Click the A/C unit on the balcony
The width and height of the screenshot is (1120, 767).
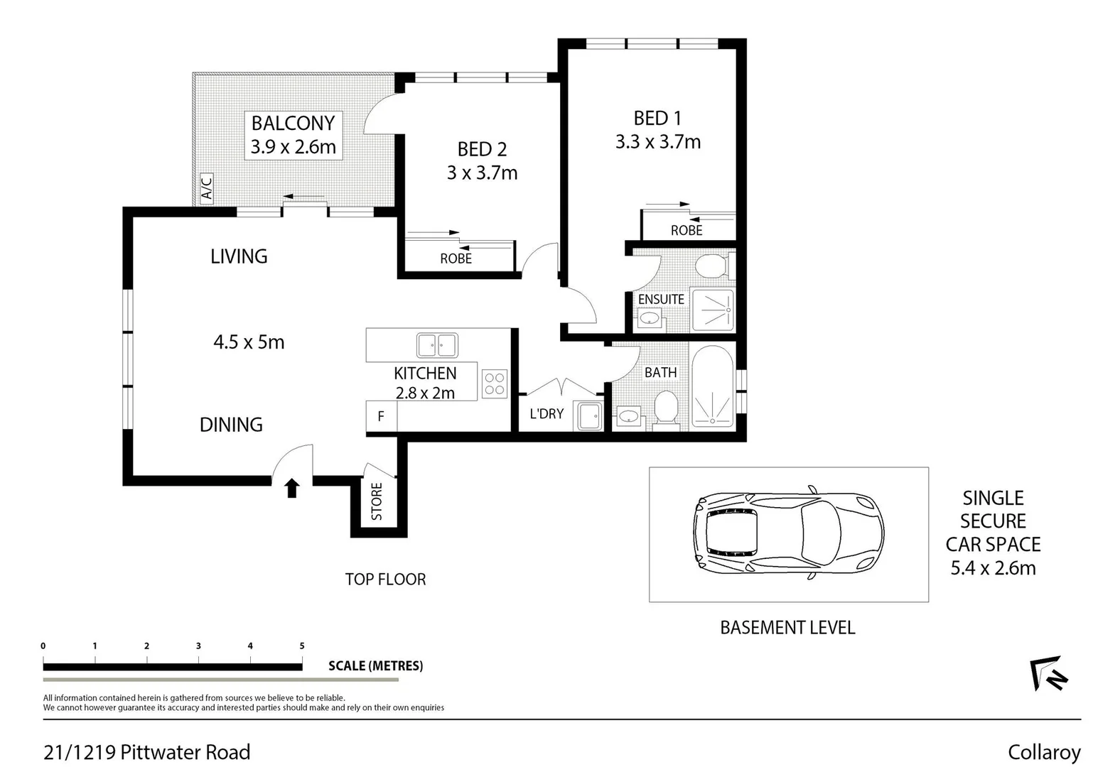207,188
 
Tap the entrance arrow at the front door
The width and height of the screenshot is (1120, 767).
292,488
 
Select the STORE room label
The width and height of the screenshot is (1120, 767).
377,501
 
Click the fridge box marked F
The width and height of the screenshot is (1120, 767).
381,416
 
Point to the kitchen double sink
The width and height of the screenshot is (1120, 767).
437,346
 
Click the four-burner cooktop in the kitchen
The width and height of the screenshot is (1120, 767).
495,384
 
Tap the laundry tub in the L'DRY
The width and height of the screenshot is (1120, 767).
588,416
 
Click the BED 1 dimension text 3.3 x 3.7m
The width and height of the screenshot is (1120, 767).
658,142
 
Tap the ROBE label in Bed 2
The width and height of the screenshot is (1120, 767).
456,259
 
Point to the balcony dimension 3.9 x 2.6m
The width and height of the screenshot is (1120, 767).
293,147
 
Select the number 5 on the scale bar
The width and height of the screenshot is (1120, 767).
302,646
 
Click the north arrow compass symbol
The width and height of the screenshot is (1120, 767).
1049,673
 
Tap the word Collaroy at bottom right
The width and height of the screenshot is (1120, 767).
1043,752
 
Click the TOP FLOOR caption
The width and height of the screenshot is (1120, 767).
385,580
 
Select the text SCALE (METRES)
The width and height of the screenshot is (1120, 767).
375,666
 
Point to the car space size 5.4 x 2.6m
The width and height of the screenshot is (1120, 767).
993,568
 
